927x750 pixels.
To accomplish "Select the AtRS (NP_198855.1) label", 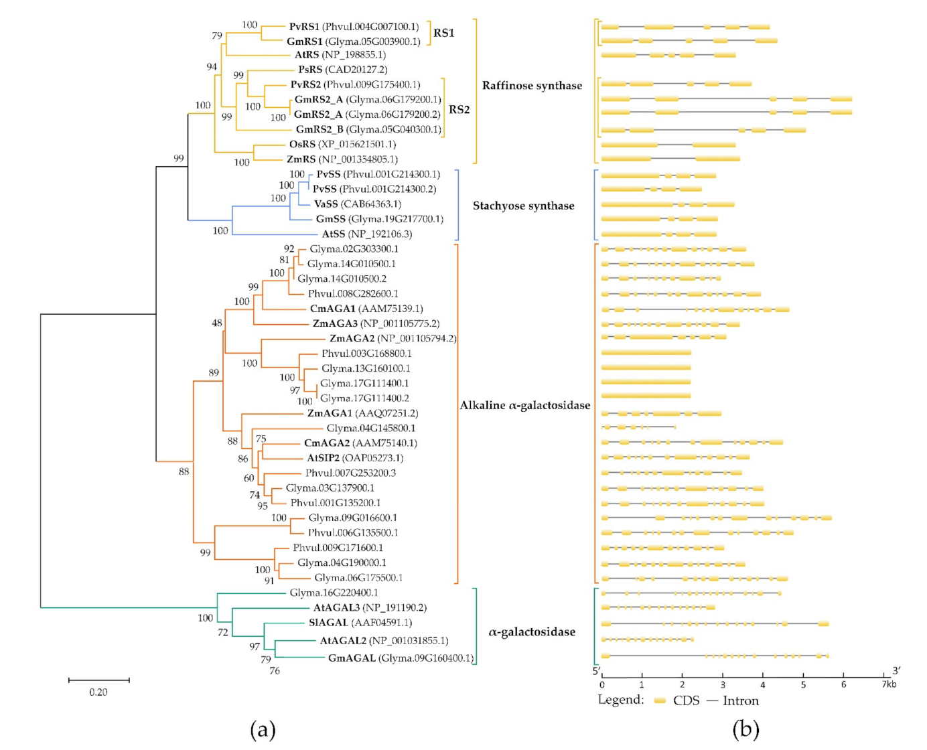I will [340, 55].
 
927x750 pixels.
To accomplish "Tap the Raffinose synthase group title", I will [532, 86].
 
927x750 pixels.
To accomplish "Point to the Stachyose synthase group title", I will [523, 206].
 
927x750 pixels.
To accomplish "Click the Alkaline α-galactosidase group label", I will [524, 405].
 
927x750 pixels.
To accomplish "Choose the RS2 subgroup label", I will [459, 110].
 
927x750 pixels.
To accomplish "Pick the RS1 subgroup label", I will [443, 33].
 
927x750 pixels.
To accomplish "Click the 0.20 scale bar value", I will [98, 692].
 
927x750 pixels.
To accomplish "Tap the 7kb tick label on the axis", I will [888, 684].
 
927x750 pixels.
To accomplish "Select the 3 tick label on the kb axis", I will [723, 684].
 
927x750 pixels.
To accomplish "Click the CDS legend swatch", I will [660, 700].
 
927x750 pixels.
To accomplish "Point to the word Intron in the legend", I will [740, 701].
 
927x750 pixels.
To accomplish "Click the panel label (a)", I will [263, 729].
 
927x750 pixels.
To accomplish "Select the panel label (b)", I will [745, 729].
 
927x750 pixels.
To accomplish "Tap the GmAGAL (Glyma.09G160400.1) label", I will [400, 658].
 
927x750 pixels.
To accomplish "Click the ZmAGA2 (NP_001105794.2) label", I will [393, 338].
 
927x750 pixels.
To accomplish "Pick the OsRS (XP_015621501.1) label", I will [342, 144].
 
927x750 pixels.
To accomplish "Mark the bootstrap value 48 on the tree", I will [216, 323].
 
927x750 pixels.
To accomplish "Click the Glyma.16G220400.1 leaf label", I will [334, 593].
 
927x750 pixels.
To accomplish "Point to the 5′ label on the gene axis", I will [595, 671].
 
